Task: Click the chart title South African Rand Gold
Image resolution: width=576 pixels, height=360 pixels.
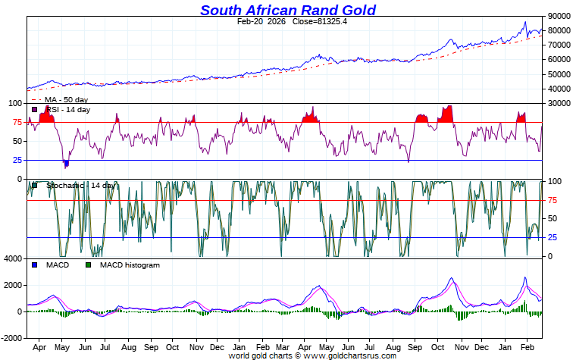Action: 288,10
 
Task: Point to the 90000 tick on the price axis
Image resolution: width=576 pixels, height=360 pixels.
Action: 559,16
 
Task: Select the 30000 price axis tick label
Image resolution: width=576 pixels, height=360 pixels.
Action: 559,103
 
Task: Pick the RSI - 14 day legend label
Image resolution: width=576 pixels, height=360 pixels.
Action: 67,110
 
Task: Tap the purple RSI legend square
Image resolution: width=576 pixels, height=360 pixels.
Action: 35,110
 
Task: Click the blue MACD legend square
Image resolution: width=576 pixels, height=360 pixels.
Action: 35,265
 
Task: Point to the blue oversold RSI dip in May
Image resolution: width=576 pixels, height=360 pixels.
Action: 67,163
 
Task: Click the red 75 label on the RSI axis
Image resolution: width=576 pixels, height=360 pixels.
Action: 16,122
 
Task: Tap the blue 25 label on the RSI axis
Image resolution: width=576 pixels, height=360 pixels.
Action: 16,160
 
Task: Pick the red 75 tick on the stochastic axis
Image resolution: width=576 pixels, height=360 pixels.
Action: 553,200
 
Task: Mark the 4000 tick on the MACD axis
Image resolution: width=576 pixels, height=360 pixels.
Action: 13,259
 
